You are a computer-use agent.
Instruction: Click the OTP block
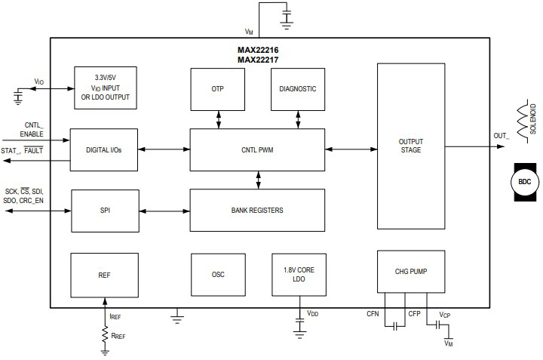[x=219, y=88]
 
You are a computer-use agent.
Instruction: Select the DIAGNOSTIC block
[x=297, y=88]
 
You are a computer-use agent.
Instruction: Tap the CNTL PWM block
[x=257, y=149]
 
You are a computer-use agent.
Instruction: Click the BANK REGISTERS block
[x=257, y=210]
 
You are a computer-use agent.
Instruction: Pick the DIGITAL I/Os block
[x=103, y=149]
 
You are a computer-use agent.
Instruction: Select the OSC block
[x=219, y=275]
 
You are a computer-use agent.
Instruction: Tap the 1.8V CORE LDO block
[x=299, y=275]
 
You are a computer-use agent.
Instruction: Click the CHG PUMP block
[x=410, y=271]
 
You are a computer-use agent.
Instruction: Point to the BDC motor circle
[x=524, y=181]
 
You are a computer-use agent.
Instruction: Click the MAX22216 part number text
[x=257, y=51]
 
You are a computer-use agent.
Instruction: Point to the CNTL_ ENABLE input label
[x=34, y=129]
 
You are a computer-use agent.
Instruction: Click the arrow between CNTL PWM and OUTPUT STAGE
[x=351, y=149]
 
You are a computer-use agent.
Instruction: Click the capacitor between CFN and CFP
[x=393, y=326]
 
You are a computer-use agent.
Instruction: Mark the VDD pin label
[x=312, y=313]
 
